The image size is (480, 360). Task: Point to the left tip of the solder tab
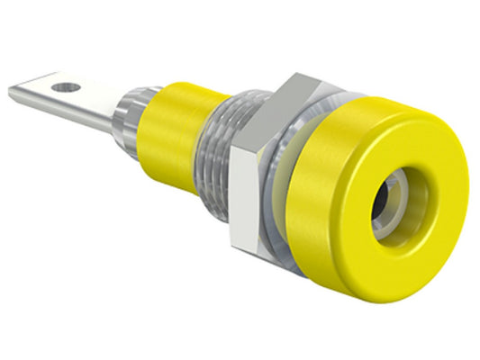(13, 91)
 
